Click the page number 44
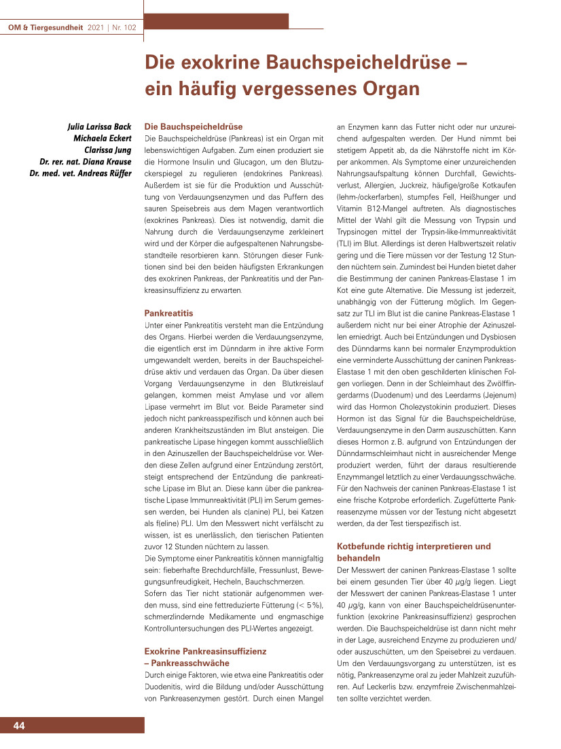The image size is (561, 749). (x=19, y=726)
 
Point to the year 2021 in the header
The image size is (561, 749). (x=95, y=28)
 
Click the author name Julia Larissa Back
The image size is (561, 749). (x=99, y=127)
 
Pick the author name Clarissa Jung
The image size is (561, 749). (x=107, y=150)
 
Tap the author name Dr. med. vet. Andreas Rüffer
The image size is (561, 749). (x=80, y=173)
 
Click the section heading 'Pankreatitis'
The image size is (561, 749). (x=169, y=313)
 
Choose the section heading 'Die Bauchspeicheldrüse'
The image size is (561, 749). (x=194, y=126)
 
